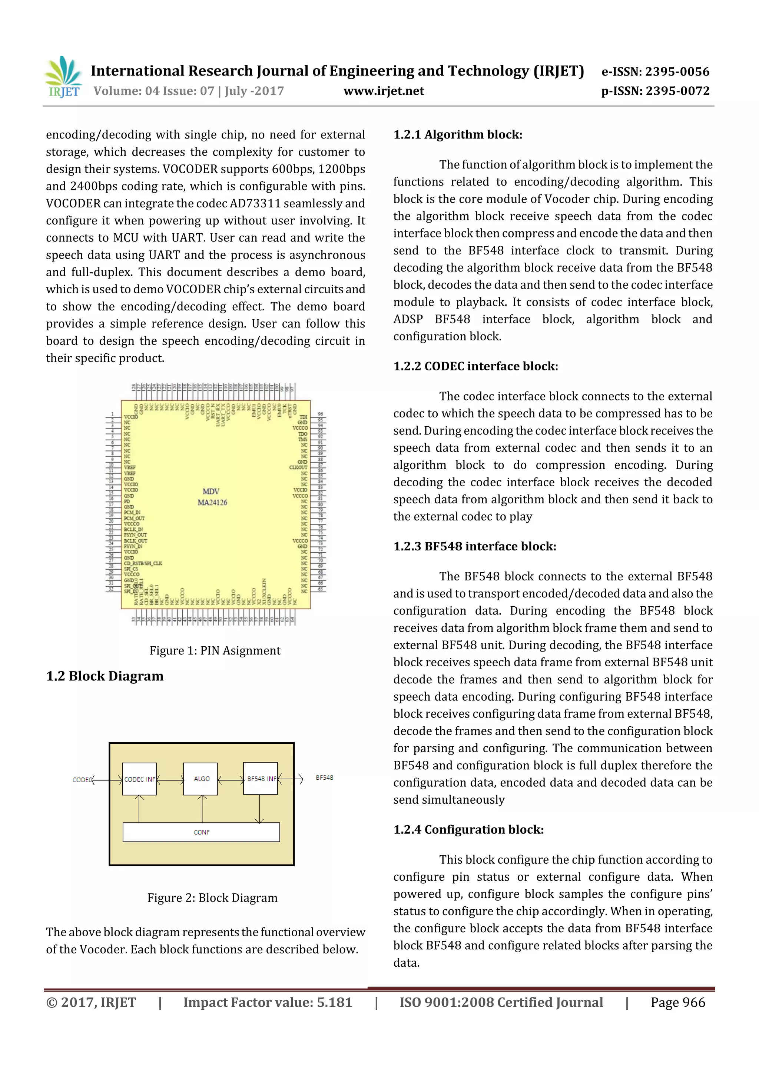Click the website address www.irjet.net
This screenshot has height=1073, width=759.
point(384,91)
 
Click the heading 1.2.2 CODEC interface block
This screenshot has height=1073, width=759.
point(475,366)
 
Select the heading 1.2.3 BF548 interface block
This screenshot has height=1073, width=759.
point(475,546)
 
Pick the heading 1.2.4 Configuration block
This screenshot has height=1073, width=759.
point(468,830)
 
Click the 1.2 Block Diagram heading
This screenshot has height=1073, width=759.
point(105,676)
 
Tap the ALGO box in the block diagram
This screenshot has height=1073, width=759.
point(201,779)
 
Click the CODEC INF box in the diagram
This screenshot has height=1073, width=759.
point(139,779)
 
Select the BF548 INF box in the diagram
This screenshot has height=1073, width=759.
point(261,779)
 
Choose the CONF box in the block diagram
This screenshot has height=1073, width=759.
point(201,832)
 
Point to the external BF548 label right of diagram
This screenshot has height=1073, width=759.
point(324,778)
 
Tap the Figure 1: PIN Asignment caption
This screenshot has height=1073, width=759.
point(215,650)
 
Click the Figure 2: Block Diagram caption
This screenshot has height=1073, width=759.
point(212,898)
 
